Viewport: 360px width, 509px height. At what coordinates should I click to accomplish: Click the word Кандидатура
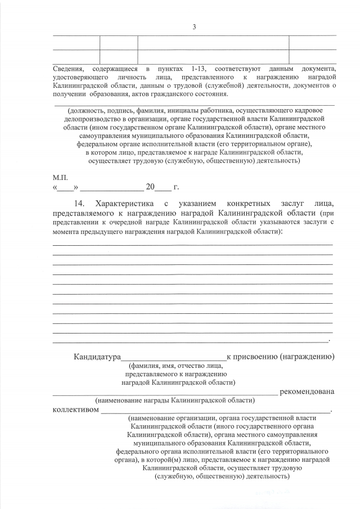click(x=97, y=357)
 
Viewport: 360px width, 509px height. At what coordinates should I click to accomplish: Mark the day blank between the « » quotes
click(x=65, y=188)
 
